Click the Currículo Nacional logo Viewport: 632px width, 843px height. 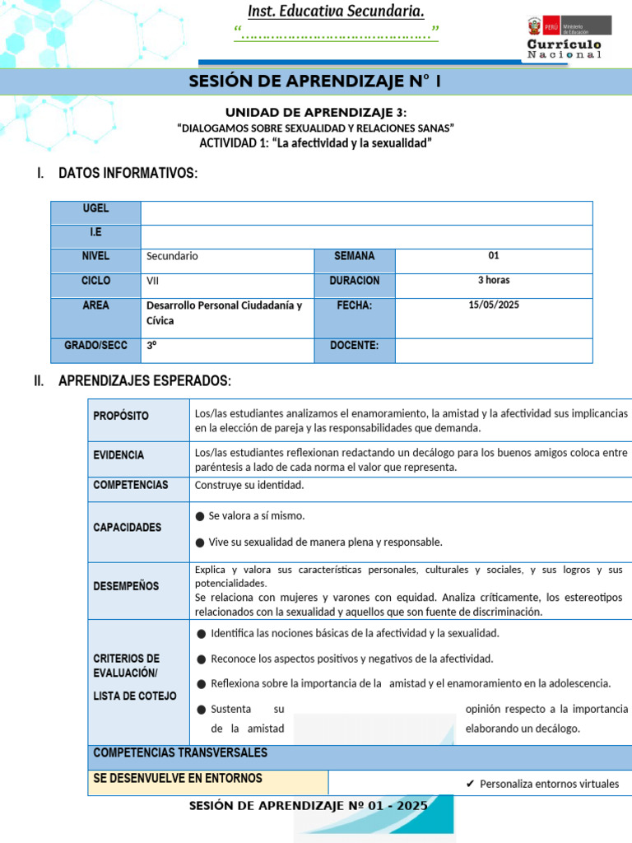tap(564, 37)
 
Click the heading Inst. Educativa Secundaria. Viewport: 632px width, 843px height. tap(337, 12)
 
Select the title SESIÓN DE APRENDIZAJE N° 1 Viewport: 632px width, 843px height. tap(315, 82)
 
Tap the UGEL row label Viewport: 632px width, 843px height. tap(95, 209)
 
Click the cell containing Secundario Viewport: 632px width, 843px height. tap(172, 256)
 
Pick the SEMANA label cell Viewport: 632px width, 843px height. tap(354, 256)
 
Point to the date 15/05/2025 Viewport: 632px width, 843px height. tap(494, 305)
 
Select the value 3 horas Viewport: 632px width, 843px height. tap(494, 281)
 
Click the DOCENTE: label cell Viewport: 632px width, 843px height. tap(354, 346)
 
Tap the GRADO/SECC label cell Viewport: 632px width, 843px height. tap(95, 346)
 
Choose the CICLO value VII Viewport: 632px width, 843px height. tap(153, 281)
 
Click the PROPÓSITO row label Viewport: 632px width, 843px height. tap(121, 417)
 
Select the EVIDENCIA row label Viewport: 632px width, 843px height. tap(118, 455)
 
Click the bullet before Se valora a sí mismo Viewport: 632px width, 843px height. tap(200, 516)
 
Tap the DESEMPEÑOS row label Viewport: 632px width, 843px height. tap(126, 586)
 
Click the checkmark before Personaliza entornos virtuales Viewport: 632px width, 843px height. tap(469, 784)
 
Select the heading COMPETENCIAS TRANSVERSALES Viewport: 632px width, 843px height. tap(180, 753)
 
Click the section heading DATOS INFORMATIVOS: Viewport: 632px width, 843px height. tap(128, 173)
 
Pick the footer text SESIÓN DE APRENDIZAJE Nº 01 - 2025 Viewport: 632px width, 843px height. tap(309, 806)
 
